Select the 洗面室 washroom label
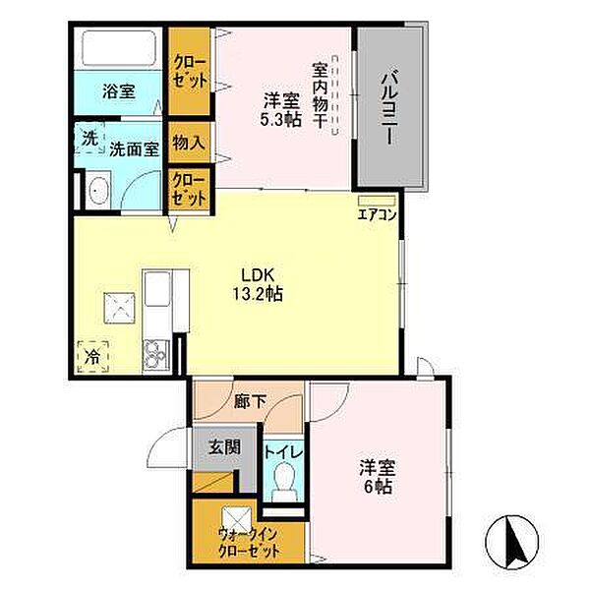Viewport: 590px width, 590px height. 134,149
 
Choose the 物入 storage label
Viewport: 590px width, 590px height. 188,143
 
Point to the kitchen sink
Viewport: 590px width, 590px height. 158,293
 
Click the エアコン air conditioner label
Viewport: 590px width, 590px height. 377,213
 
